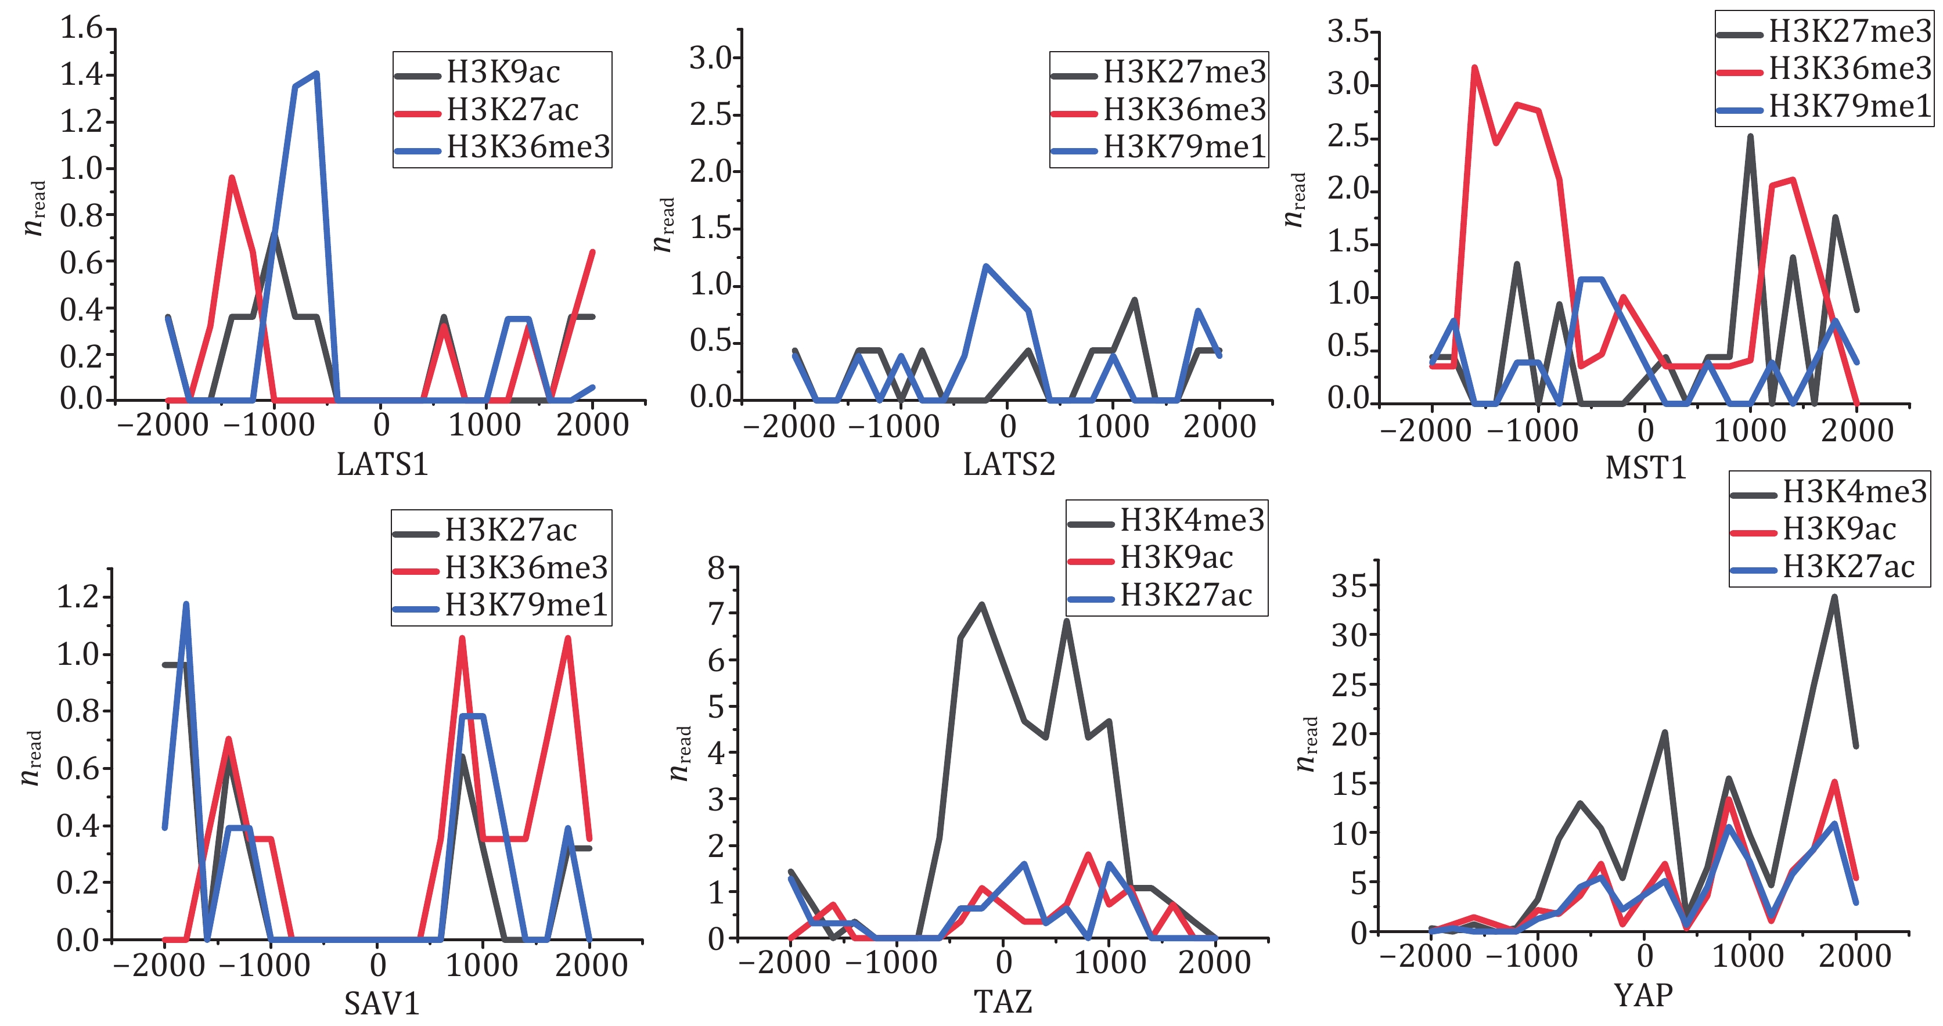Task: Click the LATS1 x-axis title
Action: (x=383, y=464)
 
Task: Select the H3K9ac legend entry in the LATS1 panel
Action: (x=502, y=73)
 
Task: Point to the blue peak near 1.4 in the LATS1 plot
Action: (x=316, y=73)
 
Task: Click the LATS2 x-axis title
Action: (x=1009, y=464)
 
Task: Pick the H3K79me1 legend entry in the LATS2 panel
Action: (x=1183, y=147)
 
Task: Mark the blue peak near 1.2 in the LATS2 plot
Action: (x=986, y=267)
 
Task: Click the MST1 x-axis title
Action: (x=1646, y=468)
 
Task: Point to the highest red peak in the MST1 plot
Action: (x=1474, y=67)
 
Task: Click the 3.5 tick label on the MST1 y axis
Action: (x=1348, y=32)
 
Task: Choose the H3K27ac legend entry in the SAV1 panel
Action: (x=510, y=530)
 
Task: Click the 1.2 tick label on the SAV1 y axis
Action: (x=78, y=597)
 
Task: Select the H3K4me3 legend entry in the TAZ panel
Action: (x=1191, y=520)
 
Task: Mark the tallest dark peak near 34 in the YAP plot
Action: (x=1834, y=597)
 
